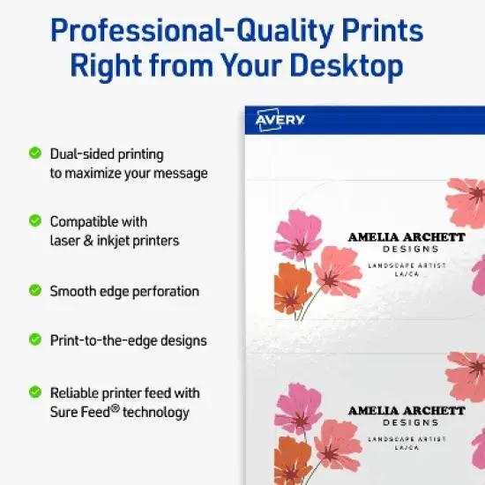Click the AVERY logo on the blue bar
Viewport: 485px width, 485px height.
click(x=280, y=120)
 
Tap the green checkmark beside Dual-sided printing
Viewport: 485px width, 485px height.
click(x=34, y=153)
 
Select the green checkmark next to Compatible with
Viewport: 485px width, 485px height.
click(x=34, y=220)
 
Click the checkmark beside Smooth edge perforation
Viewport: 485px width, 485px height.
click(x=34, y=289)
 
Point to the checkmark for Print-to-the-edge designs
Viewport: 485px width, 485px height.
click(x=34, y=339)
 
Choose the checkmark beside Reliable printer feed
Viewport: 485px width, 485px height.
click(x=34, y=392)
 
